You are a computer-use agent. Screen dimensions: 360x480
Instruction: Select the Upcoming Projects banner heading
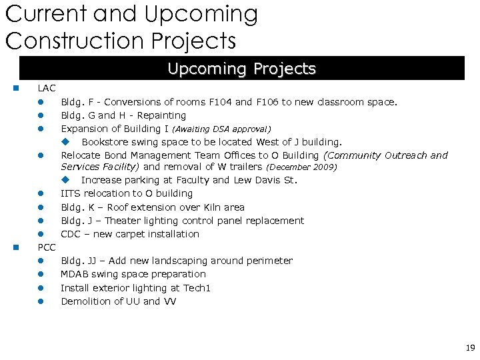(241, 69)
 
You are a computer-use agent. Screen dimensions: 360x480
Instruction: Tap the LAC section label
(47, 88)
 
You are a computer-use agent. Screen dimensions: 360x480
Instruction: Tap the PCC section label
(47, 247)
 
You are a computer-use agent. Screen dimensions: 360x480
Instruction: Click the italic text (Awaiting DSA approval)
(221, 129)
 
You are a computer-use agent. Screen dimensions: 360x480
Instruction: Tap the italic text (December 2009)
(301, 167)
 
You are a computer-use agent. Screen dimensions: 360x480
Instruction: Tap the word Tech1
(197, 288)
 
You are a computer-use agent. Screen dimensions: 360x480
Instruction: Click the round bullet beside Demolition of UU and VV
(40, 301)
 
